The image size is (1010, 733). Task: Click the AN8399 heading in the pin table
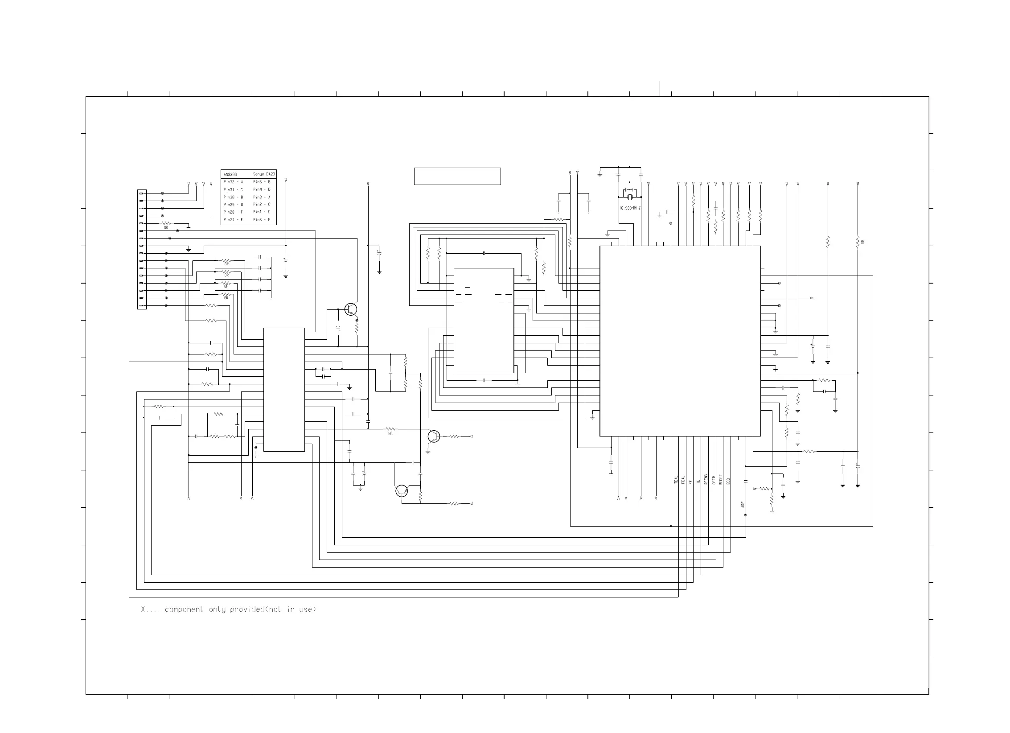pyautogui.click(x=230, y=174)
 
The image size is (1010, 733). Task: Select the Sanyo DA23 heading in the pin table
pyautogui.click(x=264, y=174)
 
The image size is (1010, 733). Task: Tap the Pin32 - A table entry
pyautogui.click(x=233, y=182)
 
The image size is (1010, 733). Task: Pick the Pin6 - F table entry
pyautogui.click(x=262, y=220)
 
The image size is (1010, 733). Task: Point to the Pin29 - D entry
pyautogui.click(x=233, y=205)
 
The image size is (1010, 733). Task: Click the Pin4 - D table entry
pyautogui.click(x=262, y=189)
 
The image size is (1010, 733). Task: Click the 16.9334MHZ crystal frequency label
pyautogui.click(x=630, y=208)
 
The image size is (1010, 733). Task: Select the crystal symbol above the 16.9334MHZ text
pyautogui.click(x=630, y=197)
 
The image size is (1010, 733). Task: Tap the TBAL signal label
pyautogui.click(x=676, y=480)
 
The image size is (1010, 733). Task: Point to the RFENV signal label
pyautogui.click(x=706, y=479)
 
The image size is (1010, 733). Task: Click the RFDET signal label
pyautogui.click(x=721, y=479)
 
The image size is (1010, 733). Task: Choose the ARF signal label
pyautogui.click(x=743, y=505)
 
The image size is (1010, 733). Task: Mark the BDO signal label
pyautogui.click(x=728, y=481)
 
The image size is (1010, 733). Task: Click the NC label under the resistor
pyautogui.click(x=390, y=433)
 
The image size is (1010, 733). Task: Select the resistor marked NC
pyautogui.click(x=390, y=429)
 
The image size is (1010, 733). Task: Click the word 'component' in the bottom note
pyautogui.click(x=184, y=609)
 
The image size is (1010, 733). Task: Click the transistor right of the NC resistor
pyautogui.click(x=434, y=437)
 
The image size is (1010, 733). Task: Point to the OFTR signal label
pyautogui.click(x=714, y=480)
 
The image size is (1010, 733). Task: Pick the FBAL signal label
pyautogui.click(x=683, y=480)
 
